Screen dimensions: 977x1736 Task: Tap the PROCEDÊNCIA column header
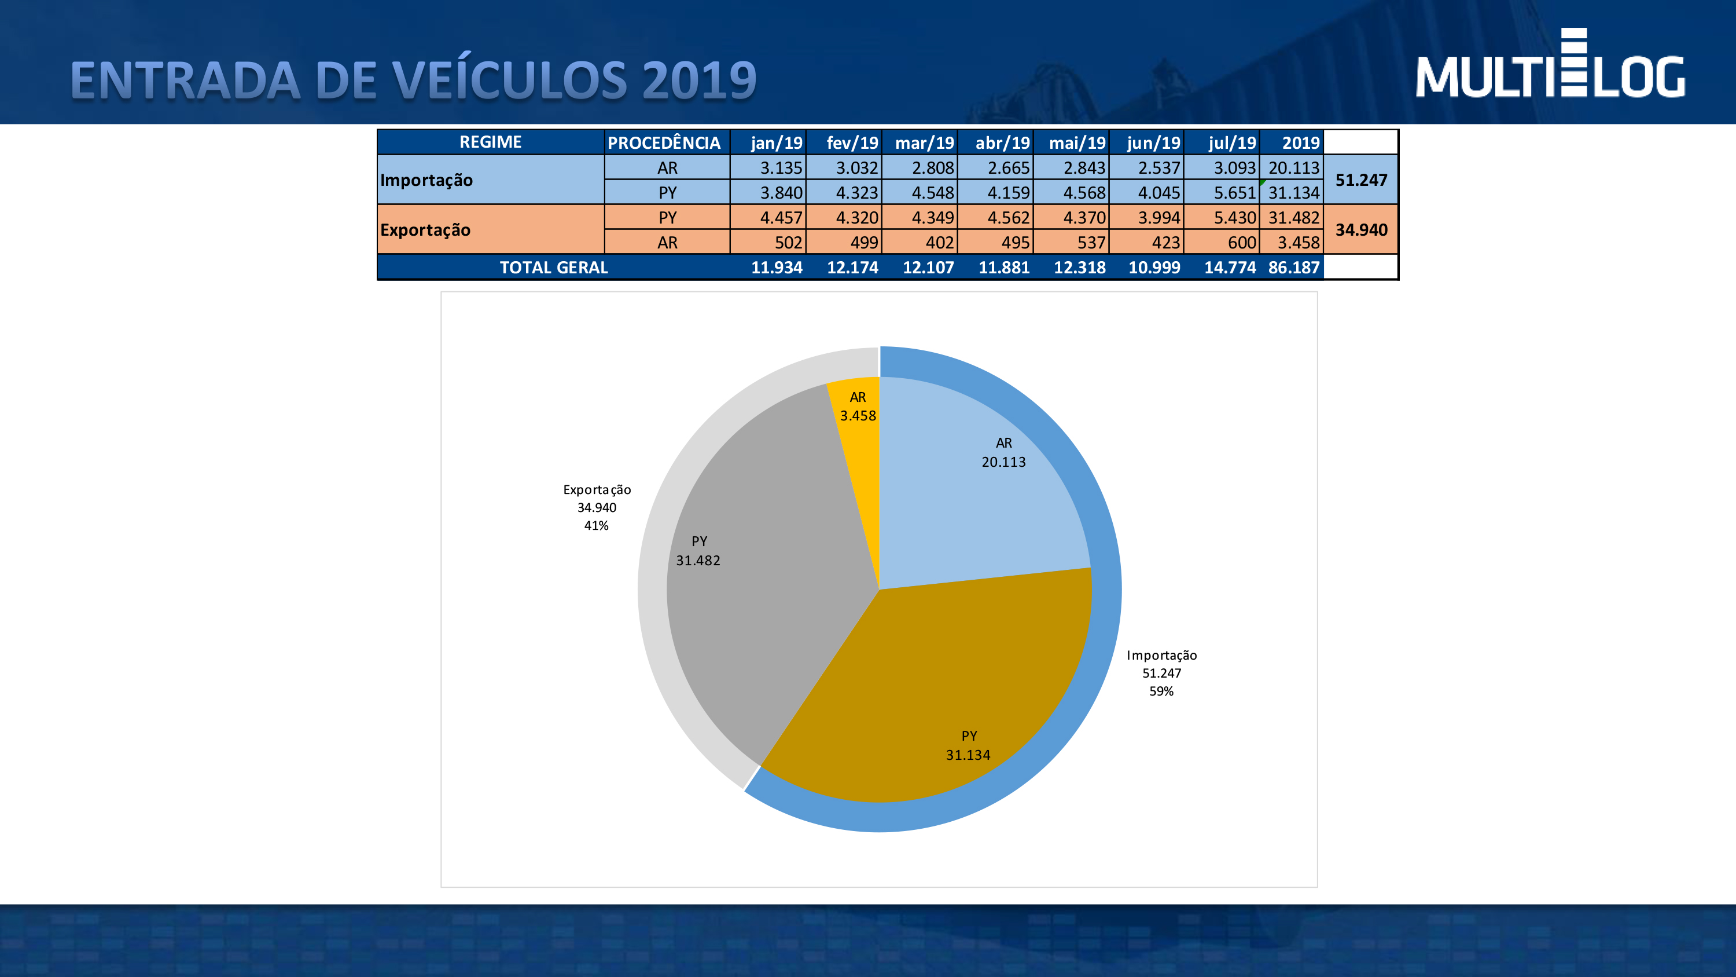tap(664, 143)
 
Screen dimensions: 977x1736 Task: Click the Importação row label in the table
tap(426, 180)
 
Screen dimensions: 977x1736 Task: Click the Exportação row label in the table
tap(425, 230)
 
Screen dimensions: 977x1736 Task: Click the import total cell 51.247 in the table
tap(1360, 180)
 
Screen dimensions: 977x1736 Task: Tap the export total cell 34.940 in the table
tap(1360, 230)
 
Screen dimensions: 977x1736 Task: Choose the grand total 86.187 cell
tap(1293, 268)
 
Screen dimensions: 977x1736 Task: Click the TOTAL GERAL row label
tap(553, 268)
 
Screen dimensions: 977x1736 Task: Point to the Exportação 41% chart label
tap(597, 508)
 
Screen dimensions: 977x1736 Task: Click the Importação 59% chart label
tap(1161, 673)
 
